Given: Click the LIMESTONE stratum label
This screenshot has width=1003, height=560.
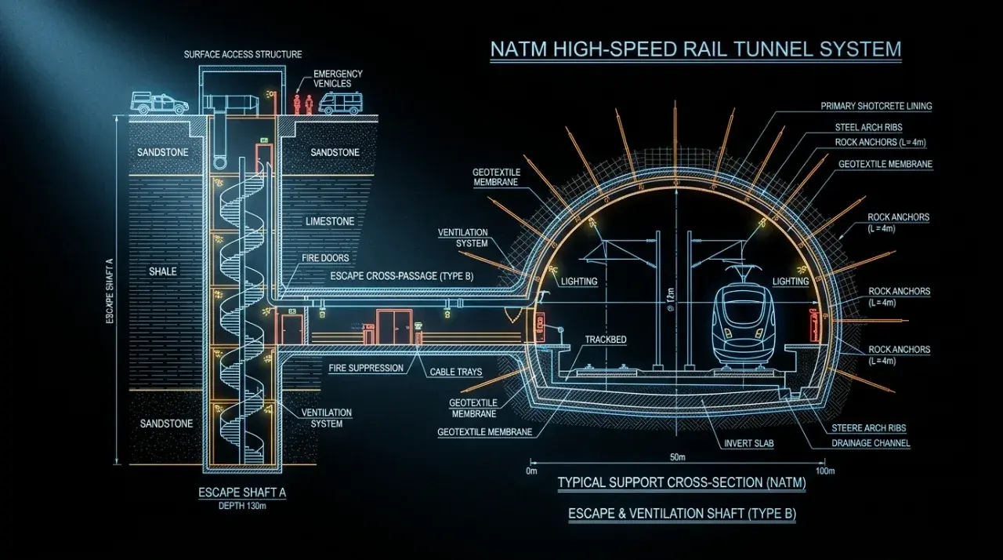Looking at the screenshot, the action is pos(330,221).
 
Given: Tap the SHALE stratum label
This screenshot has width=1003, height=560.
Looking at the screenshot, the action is pos(162,271).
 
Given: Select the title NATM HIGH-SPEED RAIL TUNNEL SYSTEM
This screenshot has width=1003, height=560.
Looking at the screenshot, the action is pos(696,49).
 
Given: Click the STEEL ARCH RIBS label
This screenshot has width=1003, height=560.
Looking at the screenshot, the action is pos(868,128).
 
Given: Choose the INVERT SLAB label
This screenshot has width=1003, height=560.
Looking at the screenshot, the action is pos(748,443).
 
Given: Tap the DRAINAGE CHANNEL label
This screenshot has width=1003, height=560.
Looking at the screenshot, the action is pos(871,443).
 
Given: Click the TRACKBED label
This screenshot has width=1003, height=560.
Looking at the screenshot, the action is pos(606,340).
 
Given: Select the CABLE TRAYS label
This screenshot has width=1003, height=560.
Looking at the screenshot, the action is pos(456,372).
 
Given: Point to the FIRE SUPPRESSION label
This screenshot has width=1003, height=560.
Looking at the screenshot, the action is pos(366,369).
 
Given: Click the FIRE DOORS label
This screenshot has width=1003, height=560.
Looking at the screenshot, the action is pos(325,259).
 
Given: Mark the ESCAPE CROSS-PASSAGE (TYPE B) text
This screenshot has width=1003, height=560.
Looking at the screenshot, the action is pos(402,276).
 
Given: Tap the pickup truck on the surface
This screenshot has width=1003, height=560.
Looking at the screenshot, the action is pos(159,103).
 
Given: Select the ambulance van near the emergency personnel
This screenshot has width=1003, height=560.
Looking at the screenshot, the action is pos(340,104).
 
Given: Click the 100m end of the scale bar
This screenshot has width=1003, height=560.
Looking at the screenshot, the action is pos(824,462).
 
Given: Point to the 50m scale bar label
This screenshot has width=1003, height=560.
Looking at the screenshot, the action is pos(678,457).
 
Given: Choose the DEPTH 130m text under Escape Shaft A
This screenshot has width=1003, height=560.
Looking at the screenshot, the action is pos(242,506).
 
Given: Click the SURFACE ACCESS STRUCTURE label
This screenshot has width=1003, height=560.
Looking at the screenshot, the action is pos(243,55).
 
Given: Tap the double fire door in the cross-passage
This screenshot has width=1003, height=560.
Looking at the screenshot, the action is pos(394,326).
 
